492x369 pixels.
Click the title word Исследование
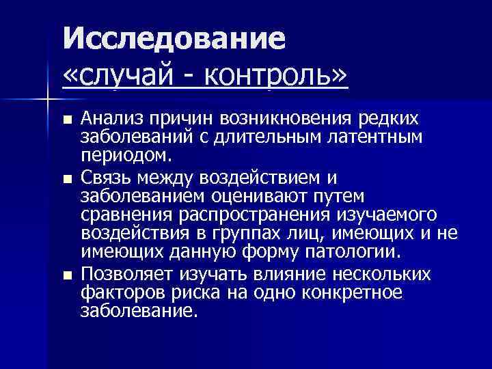click(174, 40)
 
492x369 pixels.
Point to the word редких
click(385, 119)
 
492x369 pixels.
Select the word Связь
click(105, 178)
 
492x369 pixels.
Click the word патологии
click(359, 251)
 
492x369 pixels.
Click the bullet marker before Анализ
click(66, 120)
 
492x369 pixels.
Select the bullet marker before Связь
click(66, 179)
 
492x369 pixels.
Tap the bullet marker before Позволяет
click(66, 275)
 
